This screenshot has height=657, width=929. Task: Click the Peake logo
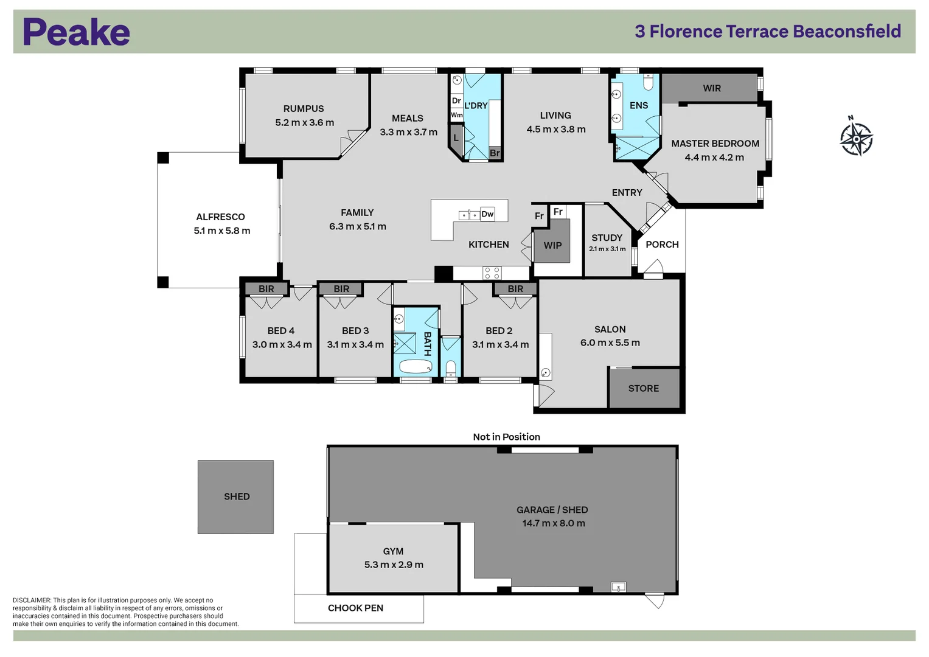(x=76, y=32)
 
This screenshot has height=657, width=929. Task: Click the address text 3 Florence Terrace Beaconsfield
(x=768, y=31)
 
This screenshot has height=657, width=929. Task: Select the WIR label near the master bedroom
(x=711, y=88)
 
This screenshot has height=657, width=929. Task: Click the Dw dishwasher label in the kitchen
(x=487, y=214)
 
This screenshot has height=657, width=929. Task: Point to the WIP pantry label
(x=552, y=245)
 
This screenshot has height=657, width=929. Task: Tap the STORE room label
(x=643, y=388)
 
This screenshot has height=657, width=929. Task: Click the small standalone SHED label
(x=237, y=496)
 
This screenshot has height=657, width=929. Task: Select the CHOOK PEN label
(x=355, y=608)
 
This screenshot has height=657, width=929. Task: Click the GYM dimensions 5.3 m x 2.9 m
(x=394, y=565)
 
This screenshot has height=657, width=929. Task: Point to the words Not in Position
(x=506, y=437)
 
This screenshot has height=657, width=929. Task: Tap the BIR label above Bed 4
(x=266, y=289)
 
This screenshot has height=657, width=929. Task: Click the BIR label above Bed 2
(x=515, y=289)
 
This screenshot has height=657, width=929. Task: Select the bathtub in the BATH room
(x=416, y=366)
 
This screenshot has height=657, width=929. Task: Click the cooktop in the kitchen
(x=492, y=273)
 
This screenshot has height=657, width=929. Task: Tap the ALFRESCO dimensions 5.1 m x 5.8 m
(x=221, y=231)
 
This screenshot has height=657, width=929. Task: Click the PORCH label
(x=662, y=245)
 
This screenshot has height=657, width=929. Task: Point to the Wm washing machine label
(x=456, y=115)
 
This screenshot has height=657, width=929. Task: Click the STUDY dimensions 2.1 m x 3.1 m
(x=607, y=249)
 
